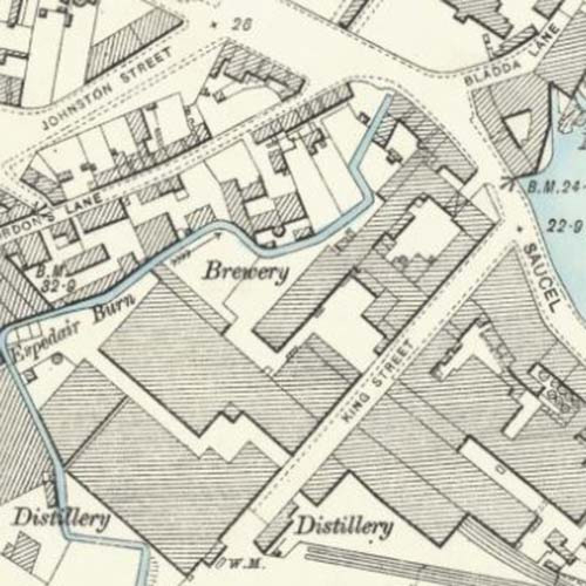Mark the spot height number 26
point(237,25)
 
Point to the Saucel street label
point(539,270)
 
